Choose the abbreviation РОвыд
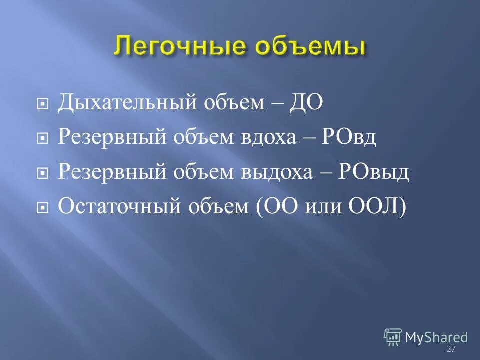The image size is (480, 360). [x=374, y=171]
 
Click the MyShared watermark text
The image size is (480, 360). [x=436, y=337]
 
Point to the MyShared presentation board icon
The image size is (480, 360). [x=393, y=337]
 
